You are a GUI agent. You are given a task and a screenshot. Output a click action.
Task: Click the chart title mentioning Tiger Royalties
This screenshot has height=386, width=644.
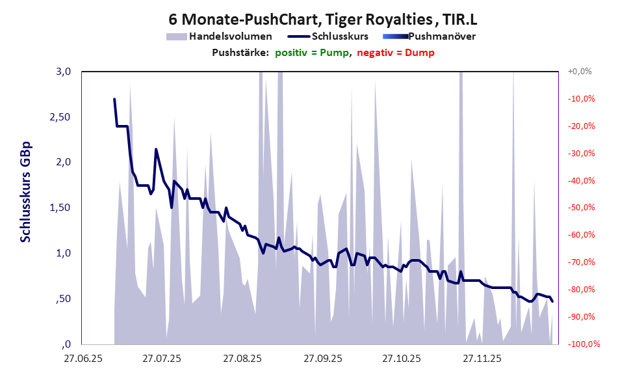pyautogui.click(x=322, y=18)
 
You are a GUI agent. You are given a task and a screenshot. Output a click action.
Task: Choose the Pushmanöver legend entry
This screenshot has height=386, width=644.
pyautogui.click(x=445, y=36)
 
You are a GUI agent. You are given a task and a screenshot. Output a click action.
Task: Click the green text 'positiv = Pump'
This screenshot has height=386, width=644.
pyautogui.click(x=312, y=53)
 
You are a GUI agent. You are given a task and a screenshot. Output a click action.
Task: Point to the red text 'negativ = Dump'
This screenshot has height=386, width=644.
pyautogui.click(x=395, y=53)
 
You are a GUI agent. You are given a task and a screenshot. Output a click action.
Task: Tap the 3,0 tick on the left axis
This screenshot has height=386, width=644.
pyautogui.click(x=62, y=72)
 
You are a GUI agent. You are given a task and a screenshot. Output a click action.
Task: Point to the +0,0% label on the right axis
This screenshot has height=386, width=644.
pyautogui.click(x=580, y=72)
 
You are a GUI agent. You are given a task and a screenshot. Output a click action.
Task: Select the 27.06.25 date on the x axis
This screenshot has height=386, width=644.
pyautogui.click(x=82, y=358)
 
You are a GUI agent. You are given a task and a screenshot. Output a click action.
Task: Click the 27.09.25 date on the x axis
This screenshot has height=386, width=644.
pyautogui.click(x=322, y=358)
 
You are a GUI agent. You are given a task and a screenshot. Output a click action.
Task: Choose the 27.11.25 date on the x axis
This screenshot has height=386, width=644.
pyautogui.click(x=481, y=358)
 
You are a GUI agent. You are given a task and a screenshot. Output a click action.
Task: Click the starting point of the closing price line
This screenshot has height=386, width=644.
pyautogui.click(x=114, y=99)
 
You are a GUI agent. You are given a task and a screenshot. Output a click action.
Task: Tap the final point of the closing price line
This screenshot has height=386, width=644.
pyautogui.click(x=552, y=301)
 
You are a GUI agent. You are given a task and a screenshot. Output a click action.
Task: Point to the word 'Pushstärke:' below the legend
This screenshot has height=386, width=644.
pyautogui.click(x=240, y=53)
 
